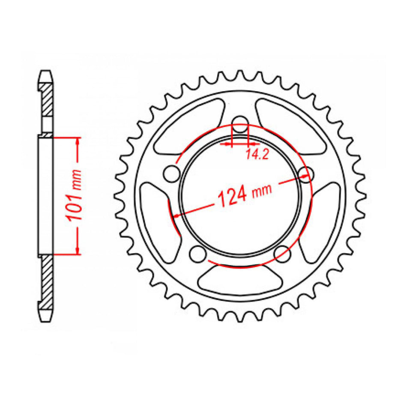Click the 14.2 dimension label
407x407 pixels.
[257, 154]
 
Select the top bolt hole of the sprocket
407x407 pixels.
[240, 124]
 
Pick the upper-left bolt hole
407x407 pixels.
[172, 174]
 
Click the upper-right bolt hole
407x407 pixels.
[305, 174]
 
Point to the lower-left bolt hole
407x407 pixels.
[198, 254]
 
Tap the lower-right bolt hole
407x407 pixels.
[282, 254]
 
